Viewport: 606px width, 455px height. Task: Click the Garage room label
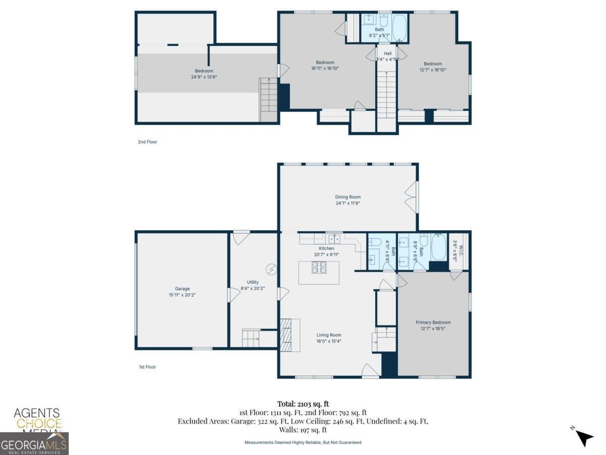182,289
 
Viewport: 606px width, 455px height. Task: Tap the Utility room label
253,282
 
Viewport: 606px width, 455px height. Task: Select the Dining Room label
348,197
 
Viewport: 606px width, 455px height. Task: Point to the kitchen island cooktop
319,267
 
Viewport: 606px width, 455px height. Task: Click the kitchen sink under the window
334,238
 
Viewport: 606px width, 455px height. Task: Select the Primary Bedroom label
433,322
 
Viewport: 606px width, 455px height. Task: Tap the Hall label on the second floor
387,53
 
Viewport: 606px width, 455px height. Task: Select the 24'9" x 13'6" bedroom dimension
204,77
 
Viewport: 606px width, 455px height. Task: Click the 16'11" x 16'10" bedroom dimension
325,68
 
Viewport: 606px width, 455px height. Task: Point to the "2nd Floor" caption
147,142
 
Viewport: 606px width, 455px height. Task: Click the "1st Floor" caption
147,367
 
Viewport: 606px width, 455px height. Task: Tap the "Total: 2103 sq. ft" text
303,403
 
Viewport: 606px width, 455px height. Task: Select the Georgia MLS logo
34,444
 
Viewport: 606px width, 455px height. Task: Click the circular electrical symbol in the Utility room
271,269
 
